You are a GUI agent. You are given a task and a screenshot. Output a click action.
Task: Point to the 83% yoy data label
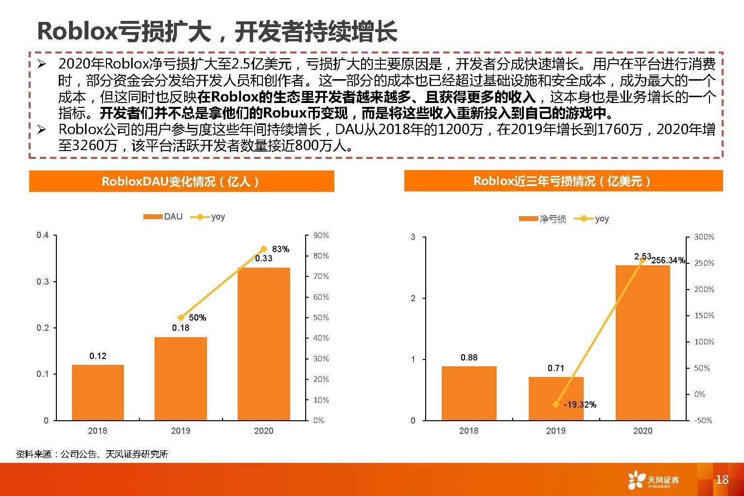point(280,249)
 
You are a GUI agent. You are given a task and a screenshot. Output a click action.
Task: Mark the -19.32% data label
point(580,404)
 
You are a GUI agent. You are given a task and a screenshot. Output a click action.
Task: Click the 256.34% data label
point(668,260)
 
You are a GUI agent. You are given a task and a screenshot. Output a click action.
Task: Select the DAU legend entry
point(163,217)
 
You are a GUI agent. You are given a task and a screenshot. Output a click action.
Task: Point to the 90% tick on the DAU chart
point(321,236)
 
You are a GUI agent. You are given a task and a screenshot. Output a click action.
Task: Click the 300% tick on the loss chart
point(704,237)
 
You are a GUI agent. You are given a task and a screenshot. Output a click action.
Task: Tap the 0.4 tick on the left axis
point(43,236)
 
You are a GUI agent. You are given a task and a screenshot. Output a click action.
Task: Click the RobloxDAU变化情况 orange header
point(181,181)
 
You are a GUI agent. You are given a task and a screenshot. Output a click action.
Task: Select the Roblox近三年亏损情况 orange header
point(563,181)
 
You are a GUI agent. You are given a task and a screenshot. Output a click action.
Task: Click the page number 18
point(722,479)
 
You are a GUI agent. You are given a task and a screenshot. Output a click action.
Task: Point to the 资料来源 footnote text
point(92,454)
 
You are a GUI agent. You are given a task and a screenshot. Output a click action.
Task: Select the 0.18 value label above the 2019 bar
point(181,328)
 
